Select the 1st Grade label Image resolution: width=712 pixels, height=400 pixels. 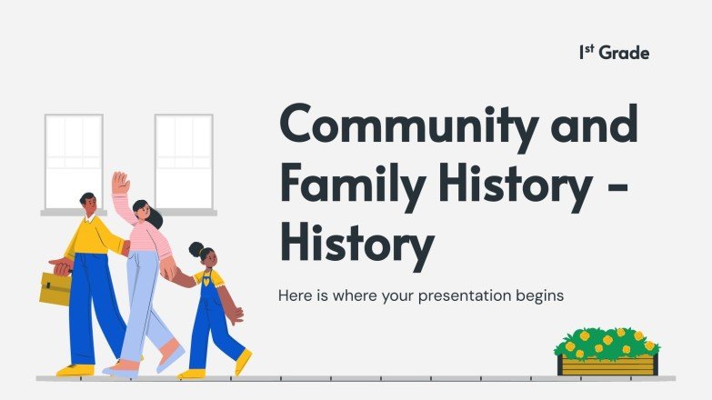(x=614, y=53)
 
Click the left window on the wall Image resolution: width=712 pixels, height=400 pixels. (x=74, y=161)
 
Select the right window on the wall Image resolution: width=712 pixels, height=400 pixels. (x=183, y=161)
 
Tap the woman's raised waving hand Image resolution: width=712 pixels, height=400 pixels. (x=120, y=183)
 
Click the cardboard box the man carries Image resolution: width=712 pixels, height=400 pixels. (x=55, y=287)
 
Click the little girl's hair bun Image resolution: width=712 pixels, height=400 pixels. (x=196, y=247)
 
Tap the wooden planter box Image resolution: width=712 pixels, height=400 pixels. (x=607, y=365)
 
